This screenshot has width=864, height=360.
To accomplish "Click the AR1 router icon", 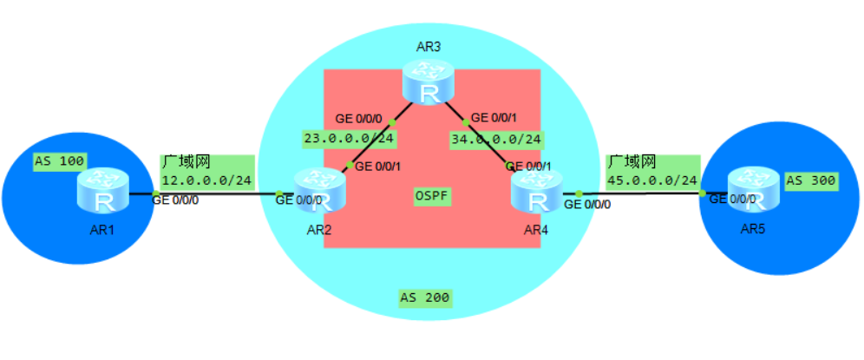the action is pos(101,192).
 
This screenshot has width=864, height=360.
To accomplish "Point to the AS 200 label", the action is pos(424,298).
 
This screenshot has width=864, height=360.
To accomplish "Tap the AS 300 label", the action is pos(811,181).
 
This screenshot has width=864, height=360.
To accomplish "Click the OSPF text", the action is pos(431,196).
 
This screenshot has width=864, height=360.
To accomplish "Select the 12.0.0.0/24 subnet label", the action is pos(206,180).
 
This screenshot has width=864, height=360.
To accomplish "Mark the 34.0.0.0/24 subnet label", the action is pos(496,138).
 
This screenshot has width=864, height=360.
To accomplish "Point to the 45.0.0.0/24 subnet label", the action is pos(651,180).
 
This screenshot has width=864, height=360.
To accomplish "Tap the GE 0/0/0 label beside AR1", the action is pos(175,200).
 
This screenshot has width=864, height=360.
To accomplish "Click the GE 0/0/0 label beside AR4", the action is pos(587,206).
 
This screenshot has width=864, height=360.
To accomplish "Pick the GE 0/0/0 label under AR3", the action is pos(358,119).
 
